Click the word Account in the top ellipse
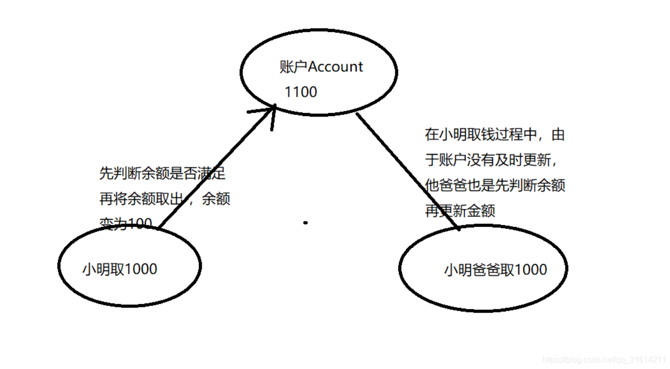pos(336,67)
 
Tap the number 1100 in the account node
pos(301,92)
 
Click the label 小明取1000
pos(119,269)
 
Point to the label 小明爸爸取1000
pos(495,270)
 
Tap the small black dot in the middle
pos(306,222)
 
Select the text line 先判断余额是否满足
pos(163,174)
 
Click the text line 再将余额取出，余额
pos(165,199)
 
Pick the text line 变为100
pos(126,223)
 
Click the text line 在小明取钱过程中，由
pos(495,135)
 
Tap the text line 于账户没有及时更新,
pos(490,160)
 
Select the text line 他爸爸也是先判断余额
pos(495,185)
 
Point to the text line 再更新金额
pos(460,210)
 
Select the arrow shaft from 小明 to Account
pos(214,168)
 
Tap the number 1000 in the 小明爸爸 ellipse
pos(530,270)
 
